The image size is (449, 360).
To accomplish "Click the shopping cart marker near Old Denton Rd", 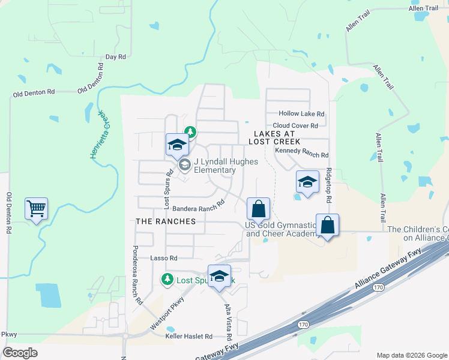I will (x=37, y=209).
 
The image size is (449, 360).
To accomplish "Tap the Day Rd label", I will (x=115, y=57).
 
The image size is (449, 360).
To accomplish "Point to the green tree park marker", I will (x=190, y=131).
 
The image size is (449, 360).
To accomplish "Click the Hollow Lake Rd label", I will (x=301, y=113).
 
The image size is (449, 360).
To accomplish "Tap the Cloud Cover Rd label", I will (x=299, y=125).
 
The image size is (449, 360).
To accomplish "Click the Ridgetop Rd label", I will (x=328, y=184).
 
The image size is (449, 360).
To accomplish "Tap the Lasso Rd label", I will (x=164, y=258).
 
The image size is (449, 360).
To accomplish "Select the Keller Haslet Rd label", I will (x=189, y=337).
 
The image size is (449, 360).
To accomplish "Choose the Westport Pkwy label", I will (x=166, y=314).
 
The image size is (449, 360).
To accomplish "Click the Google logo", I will (x=20, y=353).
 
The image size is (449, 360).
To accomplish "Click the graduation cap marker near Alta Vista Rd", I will (x=220, y=277).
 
